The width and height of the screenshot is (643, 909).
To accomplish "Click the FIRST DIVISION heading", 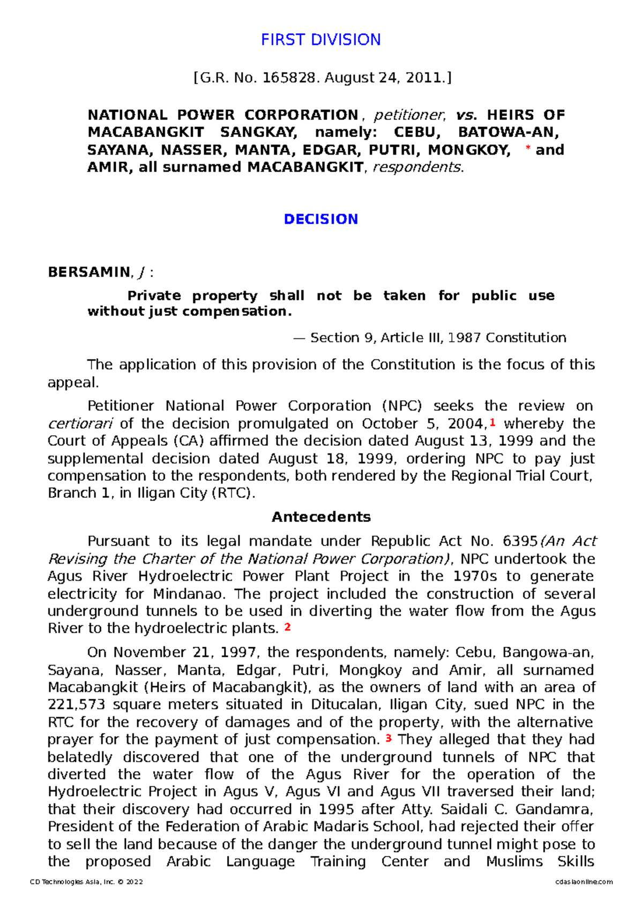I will click(x=320, y=40).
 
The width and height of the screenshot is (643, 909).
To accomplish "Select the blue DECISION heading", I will click(x=320, y=219).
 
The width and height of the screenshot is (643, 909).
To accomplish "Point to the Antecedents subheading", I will click(x=320, y=517).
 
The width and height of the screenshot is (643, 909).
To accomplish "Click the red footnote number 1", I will click(x=492, y=423).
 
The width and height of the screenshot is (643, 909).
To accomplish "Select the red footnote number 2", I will click(x=287, y=627).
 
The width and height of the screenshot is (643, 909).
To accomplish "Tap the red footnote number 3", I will click(x=388, y=739).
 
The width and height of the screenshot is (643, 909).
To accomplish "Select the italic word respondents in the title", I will click(x=416, y=168).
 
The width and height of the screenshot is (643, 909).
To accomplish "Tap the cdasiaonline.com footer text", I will click(x=584, y=882).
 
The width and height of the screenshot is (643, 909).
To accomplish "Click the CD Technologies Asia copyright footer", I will click(x=86, y=882).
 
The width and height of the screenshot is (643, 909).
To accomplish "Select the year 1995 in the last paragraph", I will click(x=336, y=809).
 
